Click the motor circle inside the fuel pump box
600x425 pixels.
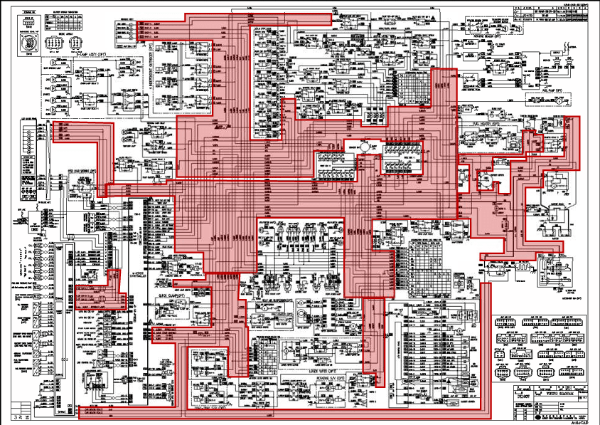[x=559, y=102]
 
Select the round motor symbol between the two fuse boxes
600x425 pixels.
[x=363, y=146]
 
